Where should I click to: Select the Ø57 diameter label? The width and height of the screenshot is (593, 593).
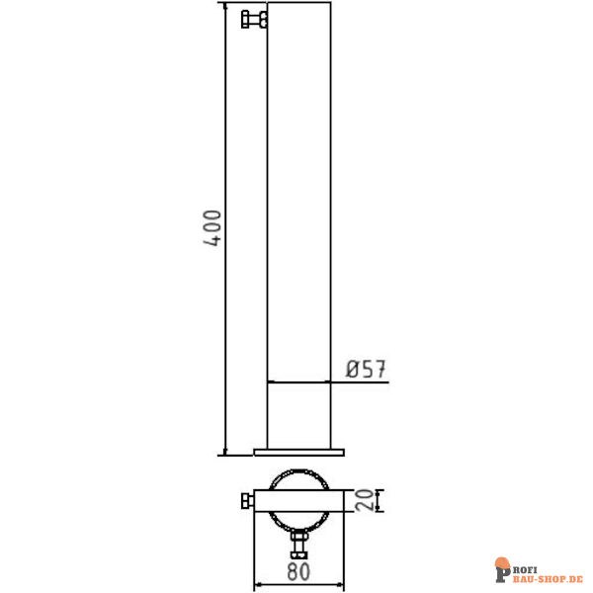(365, 370)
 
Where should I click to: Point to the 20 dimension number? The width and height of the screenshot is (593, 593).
(368, 501)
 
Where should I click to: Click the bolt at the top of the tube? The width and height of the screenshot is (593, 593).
(253, 19)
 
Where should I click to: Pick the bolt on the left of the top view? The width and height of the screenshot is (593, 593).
(246, 502)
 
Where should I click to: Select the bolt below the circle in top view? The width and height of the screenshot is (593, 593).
(299, 545)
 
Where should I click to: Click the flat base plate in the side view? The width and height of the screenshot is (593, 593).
(299, 453)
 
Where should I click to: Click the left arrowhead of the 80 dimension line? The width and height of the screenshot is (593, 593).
(259, 585)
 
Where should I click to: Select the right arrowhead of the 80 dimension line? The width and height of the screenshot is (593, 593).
(341, 585)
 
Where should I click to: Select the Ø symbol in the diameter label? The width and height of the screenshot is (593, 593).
(352, 370)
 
